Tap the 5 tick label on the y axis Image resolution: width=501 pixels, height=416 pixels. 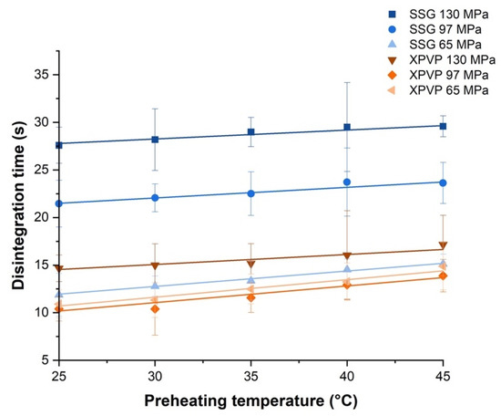(46, 359)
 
